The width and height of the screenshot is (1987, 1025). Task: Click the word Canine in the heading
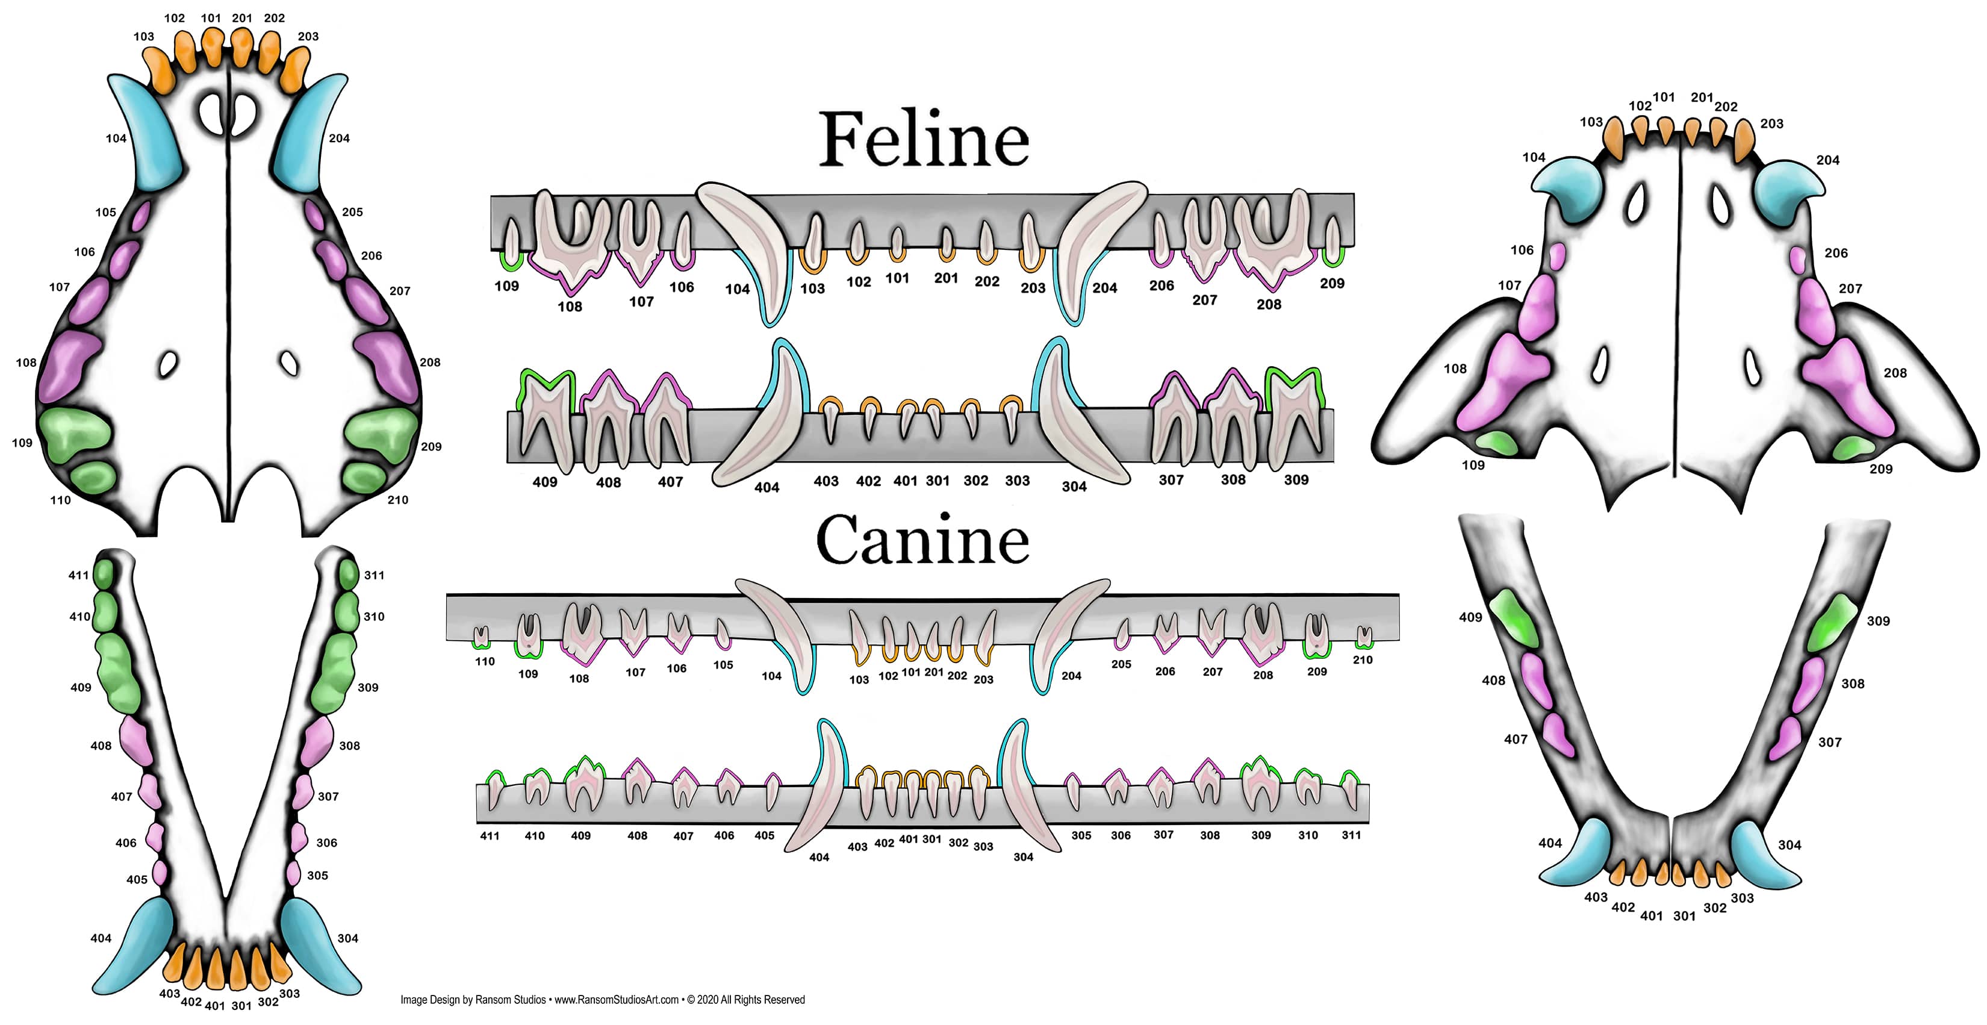922,539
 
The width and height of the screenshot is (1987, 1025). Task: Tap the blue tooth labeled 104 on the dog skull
146,135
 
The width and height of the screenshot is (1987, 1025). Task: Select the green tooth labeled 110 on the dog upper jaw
93,478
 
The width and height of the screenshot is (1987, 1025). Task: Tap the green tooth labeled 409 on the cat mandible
1513,617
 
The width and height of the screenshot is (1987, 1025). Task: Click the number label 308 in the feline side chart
1233,480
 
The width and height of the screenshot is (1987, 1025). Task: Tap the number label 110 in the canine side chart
485,662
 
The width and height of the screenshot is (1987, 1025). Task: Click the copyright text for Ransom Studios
602,1000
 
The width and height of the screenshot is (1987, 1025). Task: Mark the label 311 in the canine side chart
1351,835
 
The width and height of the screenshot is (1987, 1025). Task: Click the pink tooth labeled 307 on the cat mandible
1786,738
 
